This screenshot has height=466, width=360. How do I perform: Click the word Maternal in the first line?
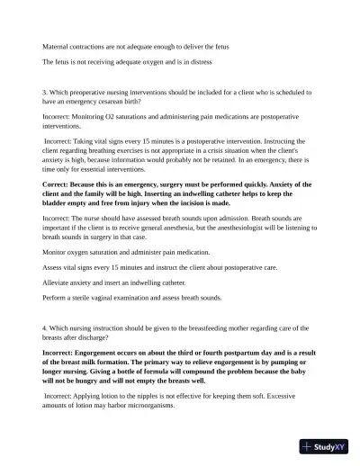point(57,45)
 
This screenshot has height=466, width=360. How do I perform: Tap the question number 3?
point(45,92)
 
